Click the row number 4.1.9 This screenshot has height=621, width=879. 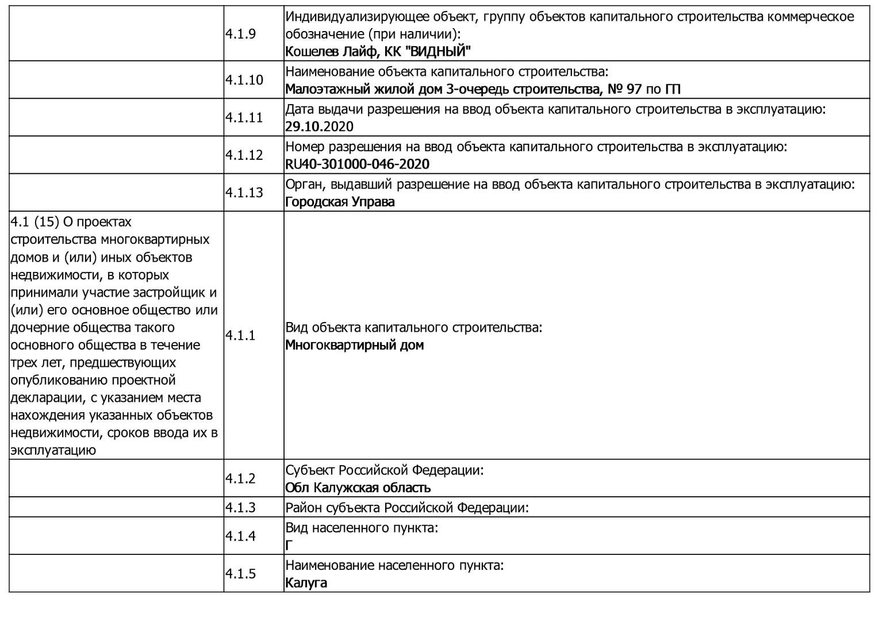(240, 33)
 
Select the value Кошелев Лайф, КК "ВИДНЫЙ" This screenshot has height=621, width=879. (378, 52)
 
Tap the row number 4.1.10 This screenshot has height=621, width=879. (244, 80)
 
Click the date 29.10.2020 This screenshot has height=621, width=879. (319, 126)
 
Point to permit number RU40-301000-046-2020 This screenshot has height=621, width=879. (357, 164)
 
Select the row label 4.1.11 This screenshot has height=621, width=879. (244, 117)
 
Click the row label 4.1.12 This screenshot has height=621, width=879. (244, 155)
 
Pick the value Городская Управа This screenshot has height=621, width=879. (340, 202)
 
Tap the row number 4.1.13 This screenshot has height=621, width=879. (244, 192)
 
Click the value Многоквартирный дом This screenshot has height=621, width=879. (354, 345)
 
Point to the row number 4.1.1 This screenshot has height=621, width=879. (240, 335)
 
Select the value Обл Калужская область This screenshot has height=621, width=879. (358, 488)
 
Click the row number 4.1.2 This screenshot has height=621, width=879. (240, 478)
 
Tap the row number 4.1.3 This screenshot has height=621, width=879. (240, 508)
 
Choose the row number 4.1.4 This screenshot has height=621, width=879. (240, 536)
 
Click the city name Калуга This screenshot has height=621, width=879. (306, 582)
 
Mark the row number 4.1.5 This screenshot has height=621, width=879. (240, 573)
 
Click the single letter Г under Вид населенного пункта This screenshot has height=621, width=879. (289, 545)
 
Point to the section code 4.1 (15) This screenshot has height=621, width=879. (34, 222)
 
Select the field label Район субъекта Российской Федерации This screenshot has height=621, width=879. (406, 508)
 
